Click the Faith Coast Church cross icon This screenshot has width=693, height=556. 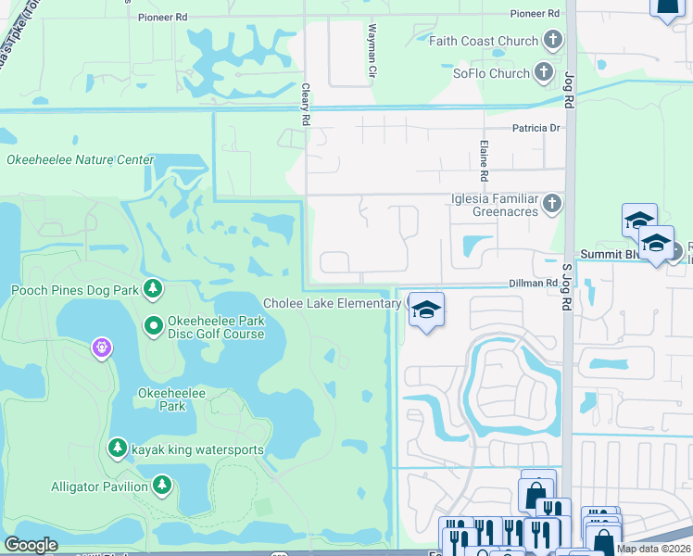[x=553, y=41]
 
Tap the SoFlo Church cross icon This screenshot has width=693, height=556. [x=548, y=73]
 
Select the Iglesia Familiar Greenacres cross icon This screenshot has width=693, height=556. [x=552, y=203]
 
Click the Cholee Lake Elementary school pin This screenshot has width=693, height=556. [x=426, y=310]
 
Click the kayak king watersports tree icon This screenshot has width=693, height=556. [x=118, y=449]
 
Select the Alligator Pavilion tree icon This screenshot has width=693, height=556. [x=163, y=486]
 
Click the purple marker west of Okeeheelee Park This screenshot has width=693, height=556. [x=101, y=348]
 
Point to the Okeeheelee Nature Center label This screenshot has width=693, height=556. [x=81, y=159]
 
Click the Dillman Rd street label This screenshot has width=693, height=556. [x=529, y=284]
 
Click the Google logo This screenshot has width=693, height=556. [x=31, y=545]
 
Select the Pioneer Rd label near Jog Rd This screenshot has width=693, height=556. [x=535, y=14]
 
